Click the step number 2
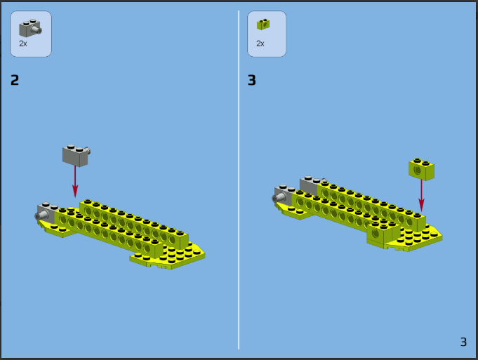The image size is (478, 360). (15, 80)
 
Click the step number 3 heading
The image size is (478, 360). (252, 80)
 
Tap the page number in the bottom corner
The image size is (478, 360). (463, 342)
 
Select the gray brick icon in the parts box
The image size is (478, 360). (30, 28)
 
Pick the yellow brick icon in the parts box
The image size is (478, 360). (263, 25)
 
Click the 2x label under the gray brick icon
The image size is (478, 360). (23, 44)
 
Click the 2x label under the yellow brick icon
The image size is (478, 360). (260, 44)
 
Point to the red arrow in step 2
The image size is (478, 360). (75, 182)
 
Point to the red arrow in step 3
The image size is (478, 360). (421, 195)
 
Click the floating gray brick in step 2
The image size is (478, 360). (77, 156)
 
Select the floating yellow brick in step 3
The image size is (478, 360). (422, 169)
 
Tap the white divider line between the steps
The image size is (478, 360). (239, 180)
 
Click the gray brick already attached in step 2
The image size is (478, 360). (47, 212)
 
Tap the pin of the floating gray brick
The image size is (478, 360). (88, 151)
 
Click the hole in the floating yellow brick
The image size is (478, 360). (418, 170)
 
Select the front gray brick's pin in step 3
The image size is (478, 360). (276, 198)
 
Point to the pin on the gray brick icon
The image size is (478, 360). (38, 29)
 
